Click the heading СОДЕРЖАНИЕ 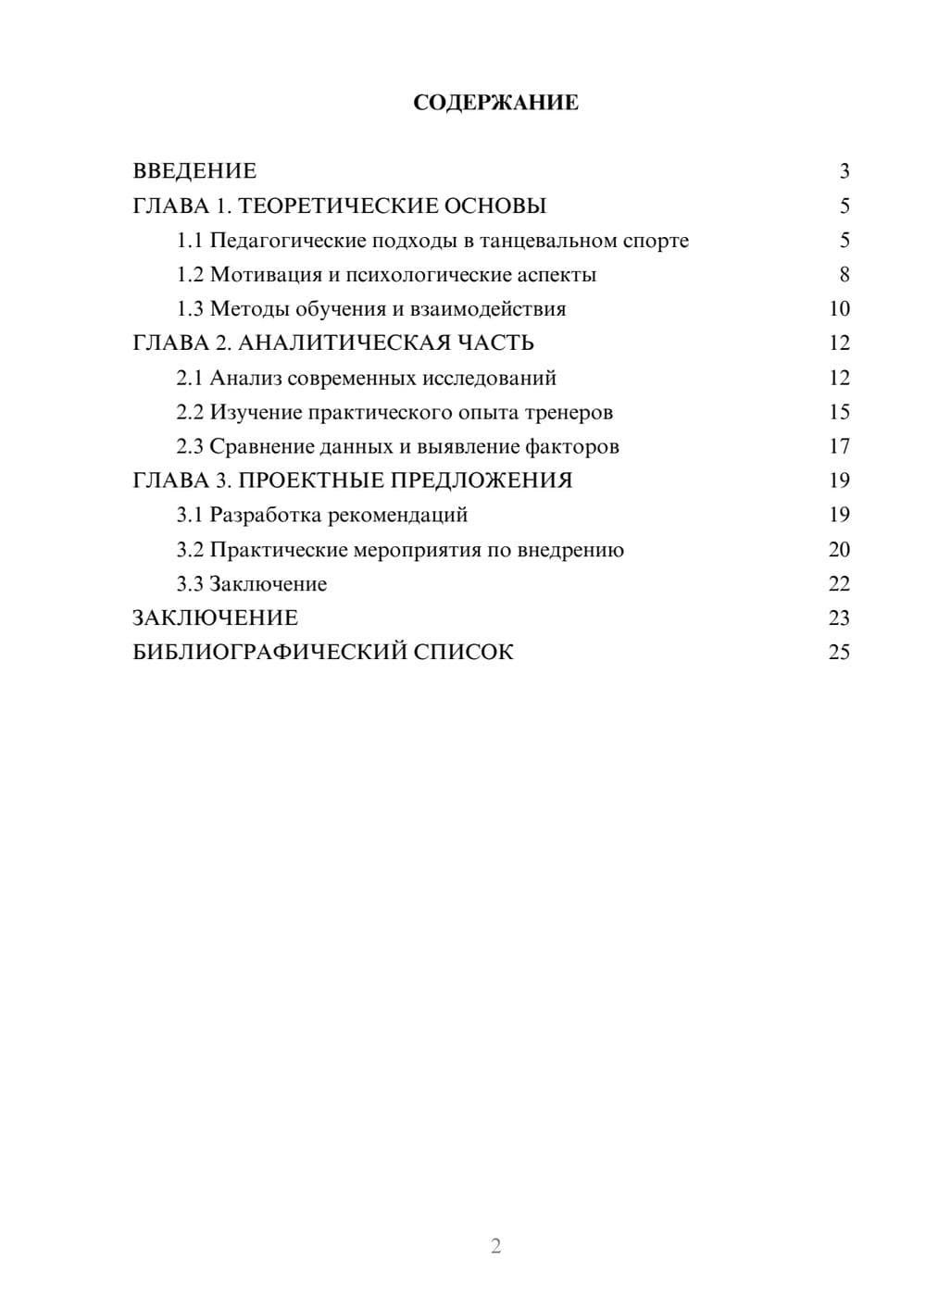[495, 103]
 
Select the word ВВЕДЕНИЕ [194, 171]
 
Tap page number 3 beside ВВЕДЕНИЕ [844, 171]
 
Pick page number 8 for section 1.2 [844, 275]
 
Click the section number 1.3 [190, 309]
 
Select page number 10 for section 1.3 [839, 309]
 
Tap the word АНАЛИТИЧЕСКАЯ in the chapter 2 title [342, 343]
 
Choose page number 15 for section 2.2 [839, 412]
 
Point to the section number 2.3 [190, 446]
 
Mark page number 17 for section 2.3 [839, 446]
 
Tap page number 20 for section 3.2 [839, 550]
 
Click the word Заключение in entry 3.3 [268, 584]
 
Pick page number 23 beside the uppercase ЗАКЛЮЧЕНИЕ [839, 618]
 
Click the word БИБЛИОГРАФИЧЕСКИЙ [269, 653]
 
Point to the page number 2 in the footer [495, 1246]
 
